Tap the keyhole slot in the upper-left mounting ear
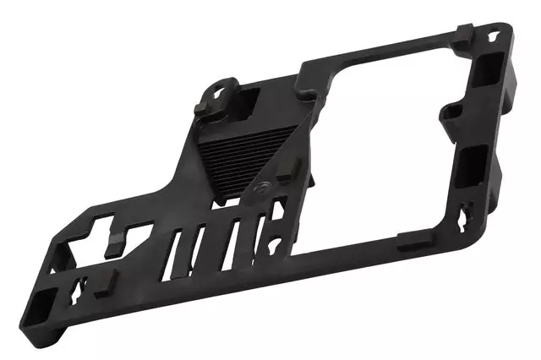(x=221, y=89)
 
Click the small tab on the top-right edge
(x=462, y=32)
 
